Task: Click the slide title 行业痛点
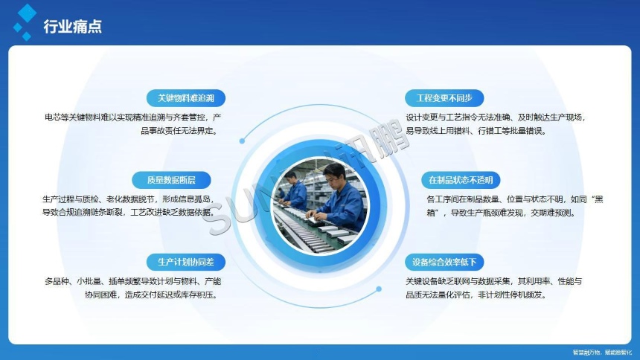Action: coord(72,28)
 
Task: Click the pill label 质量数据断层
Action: coord(171,179)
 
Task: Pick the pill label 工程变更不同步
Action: coord(444,98)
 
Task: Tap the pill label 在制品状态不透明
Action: coord(461,180)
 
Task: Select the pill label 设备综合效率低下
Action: coord(445,262)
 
